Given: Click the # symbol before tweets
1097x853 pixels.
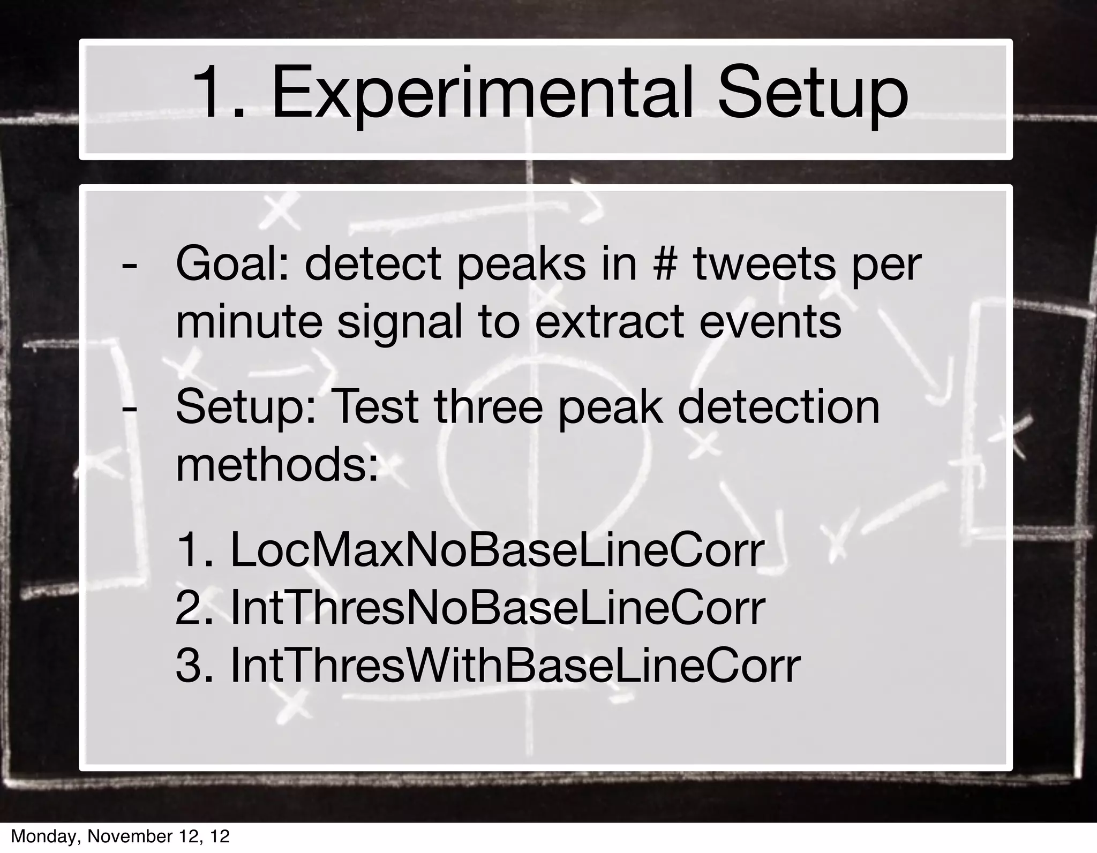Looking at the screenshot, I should (665, 264).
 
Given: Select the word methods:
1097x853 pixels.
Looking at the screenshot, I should (277, 464).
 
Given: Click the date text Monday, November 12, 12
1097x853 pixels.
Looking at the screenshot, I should (121, 836).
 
